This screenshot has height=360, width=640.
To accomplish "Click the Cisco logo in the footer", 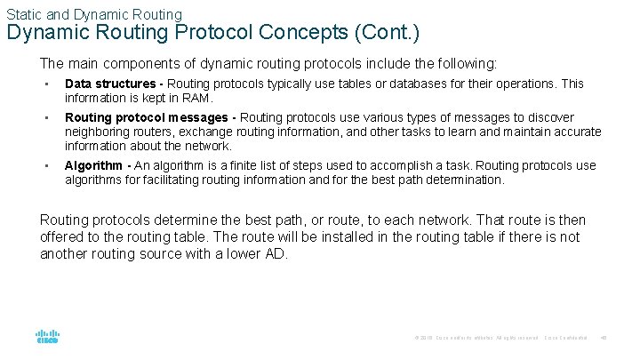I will click(47, 337).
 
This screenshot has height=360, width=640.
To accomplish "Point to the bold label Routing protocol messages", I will click(147, 117).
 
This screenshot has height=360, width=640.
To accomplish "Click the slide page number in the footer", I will click(604, 338).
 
